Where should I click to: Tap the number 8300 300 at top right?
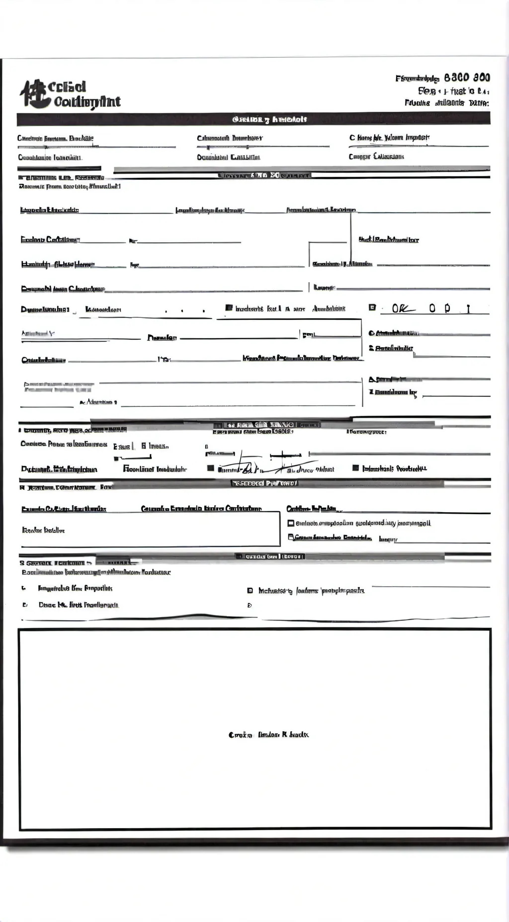pos(467,77)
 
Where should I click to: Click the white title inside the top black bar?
pos(270,119)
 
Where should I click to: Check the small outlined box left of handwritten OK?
pos(372,307)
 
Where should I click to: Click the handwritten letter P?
pos(447,308)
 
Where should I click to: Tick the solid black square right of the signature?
pos(355,467)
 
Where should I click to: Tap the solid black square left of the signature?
pos(211,468)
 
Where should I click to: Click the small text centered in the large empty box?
pos(268,735)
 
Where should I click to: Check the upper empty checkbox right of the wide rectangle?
pos(291,523)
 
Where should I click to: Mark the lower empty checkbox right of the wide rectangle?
pos(291,537)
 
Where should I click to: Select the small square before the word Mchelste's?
pos(250,591)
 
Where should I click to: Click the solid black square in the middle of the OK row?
pos(229,308)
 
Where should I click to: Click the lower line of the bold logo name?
pos(87,102)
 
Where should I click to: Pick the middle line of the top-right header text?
pos(453,91)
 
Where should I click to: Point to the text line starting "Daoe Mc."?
pos(79,605)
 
